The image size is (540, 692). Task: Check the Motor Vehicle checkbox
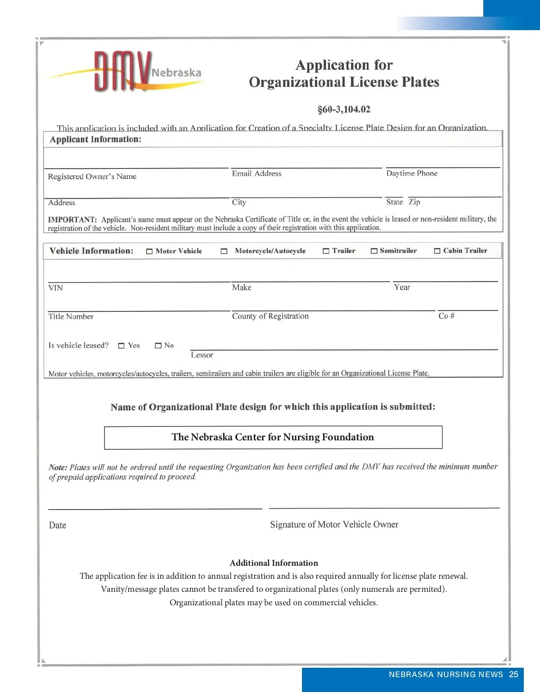click(149, 252)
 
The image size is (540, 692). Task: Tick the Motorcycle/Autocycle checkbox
click(224, 252)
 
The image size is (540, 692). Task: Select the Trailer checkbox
click(326, 251)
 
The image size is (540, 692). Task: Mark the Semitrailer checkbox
click(374, 251)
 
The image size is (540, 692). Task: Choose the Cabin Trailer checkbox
click(437, 251)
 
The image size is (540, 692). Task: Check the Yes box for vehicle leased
click(121, 346)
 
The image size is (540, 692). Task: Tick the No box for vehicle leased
click(158, 346)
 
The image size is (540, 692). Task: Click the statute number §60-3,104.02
click(344, 109)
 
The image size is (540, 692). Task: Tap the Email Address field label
click(256, 173)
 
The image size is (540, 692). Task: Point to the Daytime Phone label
click(412, 173)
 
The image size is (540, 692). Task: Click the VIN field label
click(56, 288)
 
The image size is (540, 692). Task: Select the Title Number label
click(71, 316)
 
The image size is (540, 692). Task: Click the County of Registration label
click(270, 316)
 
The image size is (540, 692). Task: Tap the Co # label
click(446, 316)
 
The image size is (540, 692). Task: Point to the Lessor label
click(202, 355)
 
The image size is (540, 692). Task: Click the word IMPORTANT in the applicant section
click(72, 220)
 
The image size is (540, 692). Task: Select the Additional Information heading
click(274, 563)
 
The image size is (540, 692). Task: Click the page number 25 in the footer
click(513, 674)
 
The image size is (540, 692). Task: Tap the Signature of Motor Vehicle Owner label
click(334, 524)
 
